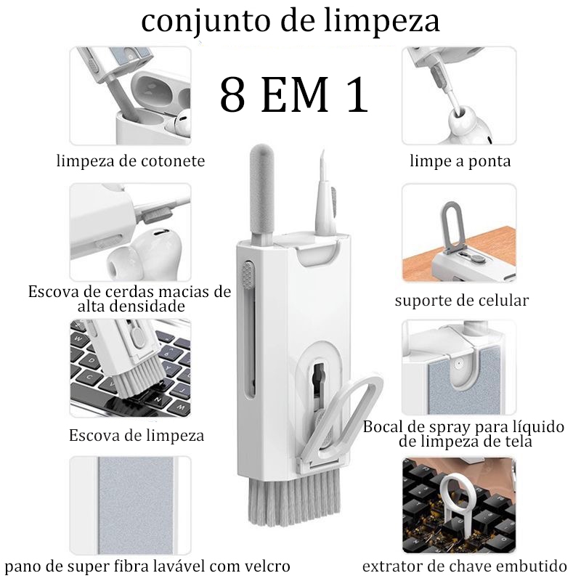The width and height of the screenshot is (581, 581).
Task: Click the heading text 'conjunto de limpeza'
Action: tap(290, 22)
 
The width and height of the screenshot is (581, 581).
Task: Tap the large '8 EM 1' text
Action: tap(294, 95)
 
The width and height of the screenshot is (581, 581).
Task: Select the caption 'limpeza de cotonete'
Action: tap(131, 161)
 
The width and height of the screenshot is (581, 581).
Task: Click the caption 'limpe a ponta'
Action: tap(459, 161)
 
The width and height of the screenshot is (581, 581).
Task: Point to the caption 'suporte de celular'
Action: tap(462, 300)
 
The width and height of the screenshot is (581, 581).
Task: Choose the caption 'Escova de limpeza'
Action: tap(137, 436)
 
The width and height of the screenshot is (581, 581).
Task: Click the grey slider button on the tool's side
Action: tap(250, 276)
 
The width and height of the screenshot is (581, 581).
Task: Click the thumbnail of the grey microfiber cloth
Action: tap(131, 505)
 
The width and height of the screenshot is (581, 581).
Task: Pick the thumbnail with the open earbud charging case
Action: tap(131, 96)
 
